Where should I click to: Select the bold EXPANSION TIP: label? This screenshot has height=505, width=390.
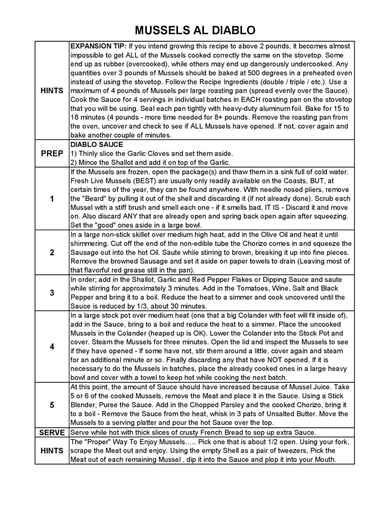99,46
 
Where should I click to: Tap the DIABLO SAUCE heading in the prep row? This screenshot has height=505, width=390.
96,144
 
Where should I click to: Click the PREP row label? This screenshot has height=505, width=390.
52,153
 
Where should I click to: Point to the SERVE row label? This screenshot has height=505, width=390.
52,433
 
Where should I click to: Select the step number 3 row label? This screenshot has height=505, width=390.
52,293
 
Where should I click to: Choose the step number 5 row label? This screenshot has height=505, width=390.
52,405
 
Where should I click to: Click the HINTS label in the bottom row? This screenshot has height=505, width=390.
52,451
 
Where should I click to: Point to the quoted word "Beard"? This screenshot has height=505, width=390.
92,199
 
